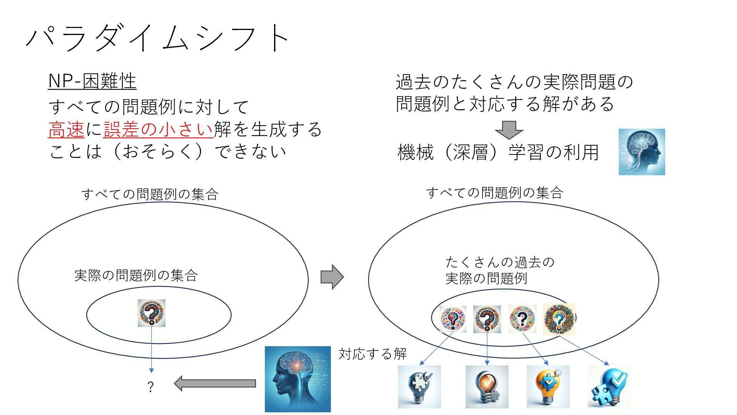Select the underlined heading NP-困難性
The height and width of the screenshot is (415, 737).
click(92, 81)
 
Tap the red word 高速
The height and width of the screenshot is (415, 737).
click(66, 129)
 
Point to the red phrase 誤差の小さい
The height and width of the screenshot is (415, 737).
click(158, 129)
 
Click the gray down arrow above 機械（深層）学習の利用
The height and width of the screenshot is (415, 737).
click(509, 130)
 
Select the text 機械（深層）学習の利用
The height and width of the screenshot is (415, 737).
click(498, 152)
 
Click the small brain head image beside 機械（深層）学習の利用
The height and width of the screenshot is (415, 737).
click(641, 152)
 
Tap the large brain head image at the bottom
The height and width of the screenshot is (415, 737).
click(297, 379)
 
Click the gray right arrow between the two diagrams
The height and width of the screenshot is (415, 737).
click(332, 277)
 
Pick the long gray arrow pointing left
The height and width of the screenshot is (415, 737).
click(215, 383)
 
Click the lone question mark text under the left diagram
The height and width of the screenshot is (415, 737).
click(150, 387)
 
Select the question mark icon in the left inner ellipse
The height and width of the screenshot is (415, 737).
click(152, 313)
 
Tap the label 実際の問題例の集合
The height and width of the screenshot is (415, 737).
click(136, 275)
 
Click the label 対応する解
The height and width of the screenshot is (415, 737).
click(372, 354)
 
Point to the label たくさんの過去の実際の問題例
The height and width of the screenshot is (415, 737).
click(499, 270)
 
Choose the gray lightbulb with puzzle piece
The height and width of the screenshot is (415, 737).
click(419, 387)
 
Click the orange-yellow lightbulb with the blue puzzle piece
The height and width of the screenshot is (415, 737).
click(548, 387)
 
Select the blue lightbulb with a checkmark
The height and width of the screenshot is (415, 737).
click(609, 387)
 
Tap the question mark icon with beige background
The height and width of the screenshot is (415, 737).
click(559, 319)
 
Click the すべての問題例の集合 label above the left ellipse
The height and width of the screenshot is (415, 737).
click(150, 194)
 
